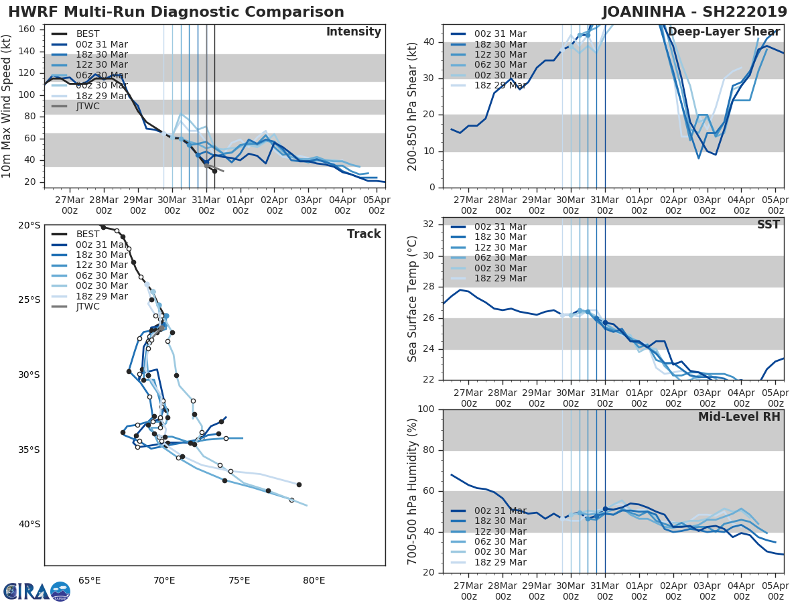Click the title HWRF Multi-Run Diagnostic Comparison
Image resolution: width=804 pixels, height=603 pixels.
click(176, 12)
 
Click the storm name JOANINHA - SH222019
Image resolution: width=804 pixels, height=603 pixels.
click(694, 12)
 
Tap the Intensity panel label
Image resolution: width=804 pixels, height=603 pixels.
click(353, 32)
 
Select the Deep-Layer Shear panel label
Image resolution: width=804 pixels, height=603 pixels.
click(724, 32)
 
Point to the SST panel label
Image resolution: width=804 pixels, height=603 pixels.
click(768, 224)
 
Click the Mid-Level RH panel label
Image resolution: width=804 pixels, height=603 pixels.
click(739, 417)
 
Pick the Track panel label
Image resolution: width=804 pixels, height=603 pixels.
click(364, 234)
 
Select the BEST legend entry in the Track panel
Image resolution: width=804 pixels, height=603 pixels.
click(87, 234)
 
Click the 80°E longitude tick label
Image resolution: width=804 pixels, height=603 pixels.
click(314, 580)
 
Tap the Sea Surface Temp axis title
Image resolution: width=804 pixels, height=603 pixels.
click(413, 298)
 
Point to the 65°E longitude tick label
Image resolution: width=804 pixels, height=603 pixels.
click(89, 580)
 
